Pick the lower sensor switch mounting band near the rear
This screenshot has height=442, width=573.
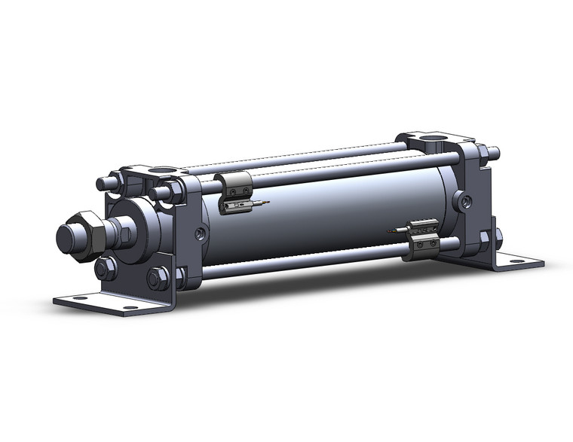(421, 242)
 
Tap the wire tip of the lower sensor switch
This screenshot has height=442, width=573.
(390, 230)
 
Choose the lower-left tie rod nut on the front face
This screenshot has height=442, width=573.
(105, 268)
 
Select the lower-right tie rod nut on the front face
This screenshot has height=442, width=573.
(158, 279)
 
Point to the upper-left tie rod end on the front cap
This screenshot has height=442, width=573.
(103, 183)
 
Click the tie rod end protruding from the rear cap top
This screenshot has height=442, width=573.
(495, 152)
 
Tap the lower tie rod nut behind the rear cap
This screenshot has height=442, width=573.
(498, 239)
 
